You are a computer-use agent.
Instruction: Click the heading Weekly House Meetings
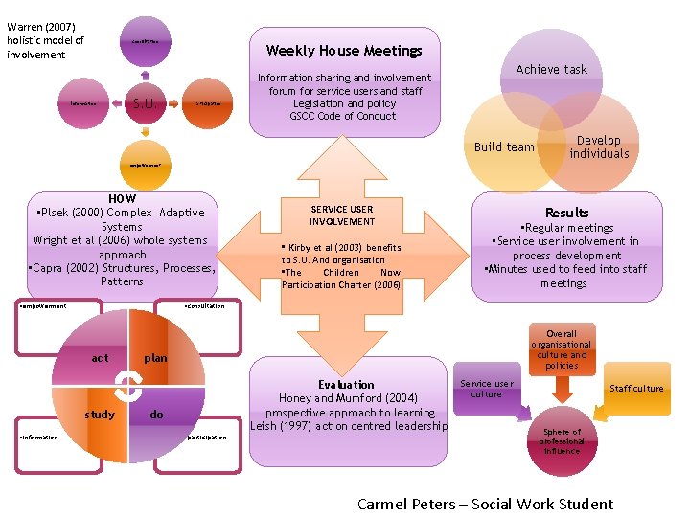click(x=344, y=50)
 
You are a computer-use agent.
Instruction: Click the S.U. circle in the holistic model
click(x=144, y=102)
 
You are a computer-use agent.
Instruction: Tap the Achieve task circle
click(x=551, y=69)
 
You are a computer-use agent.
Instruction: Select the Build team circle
click(x=504, y=146)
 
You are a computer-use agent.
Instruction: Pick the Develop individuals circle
click(x=599, y=147)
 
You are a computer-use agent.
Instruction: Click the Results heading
click(x=566, y=212)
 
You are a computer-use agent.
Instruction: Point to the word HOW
click(x=123, y=198)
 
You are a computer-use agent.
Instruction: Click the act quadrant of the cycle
click(x=101, y=358)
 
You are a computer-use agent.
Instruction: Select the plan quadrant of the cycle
click(x=155, y=358)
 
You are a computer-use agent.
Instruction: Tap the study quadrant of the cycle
click(x=100, y=415)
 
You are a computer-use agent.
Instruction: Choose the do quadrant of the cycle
click(x=156, y=415)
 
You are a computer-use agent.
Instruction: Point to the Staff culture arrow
click(x=635, y=388)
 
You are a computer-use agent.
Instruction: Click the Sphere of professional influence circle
click(x=562, y=441)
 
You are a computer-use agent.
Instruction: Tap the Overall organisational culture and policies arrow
click(x=562, y=349)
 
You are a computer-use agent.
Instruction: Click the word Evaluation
click(x=346, y=384)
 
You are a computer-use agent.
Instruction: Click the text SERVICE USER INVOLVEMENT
click(x=342, y=214)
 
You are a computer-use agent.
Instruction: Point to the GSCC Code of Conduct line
click(x=343, y=116)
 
